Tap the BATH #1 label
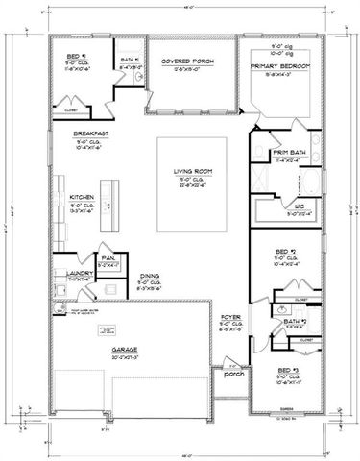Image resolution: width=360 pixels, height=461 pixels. [x=131, y=60]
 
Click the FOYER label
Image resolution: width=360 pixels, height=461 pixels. [x=229, y=316]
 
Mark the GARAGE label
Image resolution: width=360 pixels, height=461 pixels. [x=126, y=351]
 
